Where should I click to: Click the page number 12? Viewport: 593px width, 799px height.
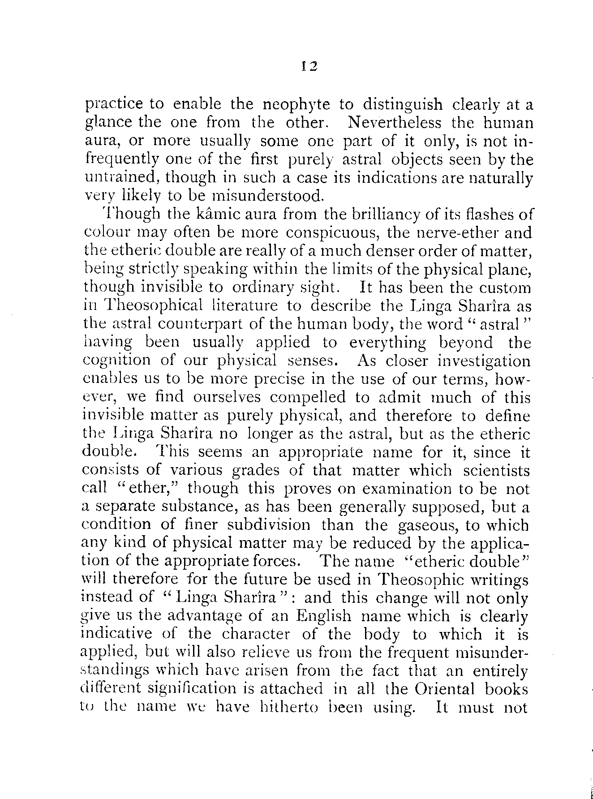pyautogui.click(x=309, y=66)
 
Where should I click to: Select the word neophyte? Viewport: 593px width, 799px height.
pyautogui.click(x=296, y=105)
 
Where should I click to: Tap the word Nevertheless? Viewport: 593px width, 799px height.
pyautogui.click(x=394, y=122)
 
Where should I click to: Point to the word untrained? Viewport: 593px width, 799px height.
pyautogui.click(x=122, y=178)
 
